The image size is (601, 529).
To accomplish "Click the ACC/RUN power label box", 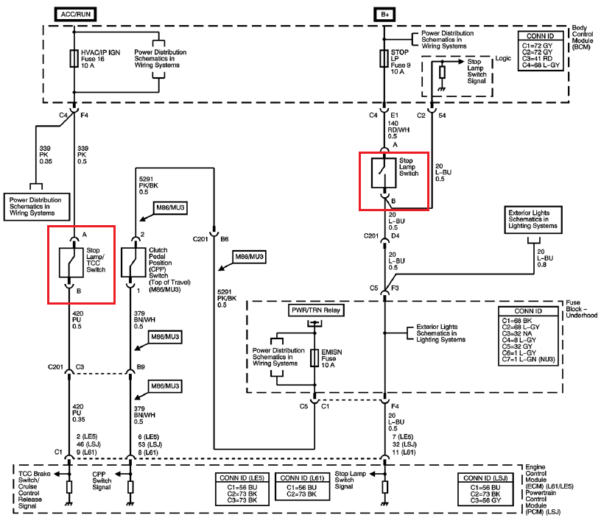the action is point(76,15).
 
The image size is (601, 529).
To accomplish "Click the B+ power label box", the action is point(384,15).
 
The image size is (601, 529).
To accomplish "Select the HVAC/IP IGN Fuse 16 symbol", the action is point(74,59).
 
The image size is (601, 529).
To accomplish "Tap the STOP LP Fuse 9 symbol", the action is point(384,59).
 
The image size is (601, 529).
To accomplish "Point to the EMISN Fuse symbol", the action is point(314,358).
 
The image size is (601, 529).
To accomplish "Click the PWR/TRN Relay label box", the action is point(316,310).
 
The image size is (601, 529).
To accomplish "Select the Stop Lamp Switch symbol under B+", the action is point(384,174).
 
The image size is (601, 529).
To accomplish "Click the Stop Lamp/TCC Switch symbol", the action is point(71,263).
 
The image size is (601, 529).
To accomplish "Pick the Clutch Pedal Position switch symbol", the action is point(133,263).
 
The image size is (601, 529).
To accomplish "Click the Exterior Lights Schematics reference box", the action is point(533,220).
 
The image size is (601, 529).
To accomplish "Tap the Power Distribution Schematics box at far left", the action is point(37,207).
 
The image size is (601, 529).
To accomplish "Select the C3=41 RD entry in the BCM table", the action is point(537,59).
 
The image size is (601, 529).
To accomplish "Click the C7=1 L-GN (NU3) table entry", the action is point(528,359).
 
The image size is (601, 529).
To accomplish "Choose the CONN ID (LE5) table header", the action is point(242,477).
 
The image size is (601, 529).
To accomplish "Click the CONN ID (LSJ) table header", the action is point(485,477).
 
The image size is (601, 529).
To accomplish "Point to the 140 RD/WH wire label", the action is point(398,129).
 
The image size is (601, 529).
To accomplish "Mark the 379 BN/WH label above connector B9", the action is point(144,319).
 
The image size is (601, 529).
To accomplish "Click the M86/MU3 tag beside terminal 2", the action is point(170,208).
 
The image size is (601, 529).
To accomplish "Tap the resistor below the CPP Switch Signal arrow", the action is point(130,487).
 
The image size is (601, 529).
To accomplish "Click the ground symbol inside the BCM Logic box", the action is point(442,89).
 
